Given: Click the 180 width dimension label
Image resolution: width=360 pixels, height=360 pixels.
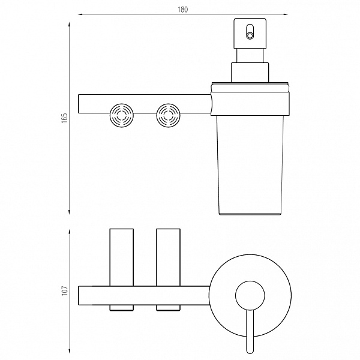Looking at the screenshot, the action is point(183,10).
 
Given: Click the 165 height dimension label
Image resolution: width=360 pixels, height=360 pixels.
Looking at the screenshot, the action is point(65,118).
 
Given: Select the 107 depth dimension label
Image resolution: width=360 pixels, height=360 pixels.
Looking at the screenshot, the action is point(65,290).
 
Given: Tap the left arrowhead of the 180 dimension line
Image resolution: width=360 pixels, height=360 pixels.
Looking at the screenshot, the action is point(80,14).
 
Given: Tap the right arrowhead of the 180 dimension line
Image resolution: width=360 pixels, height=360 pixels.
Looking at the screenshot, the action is point(286,14).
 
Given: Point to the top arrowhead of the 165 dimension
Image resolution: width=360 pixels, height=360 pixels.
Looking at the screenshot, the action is point(69,25).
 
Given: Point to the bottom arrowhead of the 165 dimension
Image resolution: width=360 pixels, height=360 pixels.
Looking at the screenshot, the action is point(69,212).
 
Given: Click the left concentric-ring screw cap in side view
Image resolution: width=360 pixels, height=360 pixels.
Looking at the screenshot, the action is point(122,115).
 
